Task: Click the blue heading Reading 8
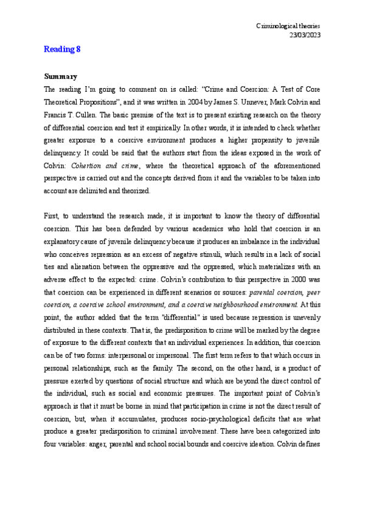(62, 49)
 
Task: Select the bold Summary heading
(60, 77)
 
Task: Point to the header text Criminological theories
(288, 26)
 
